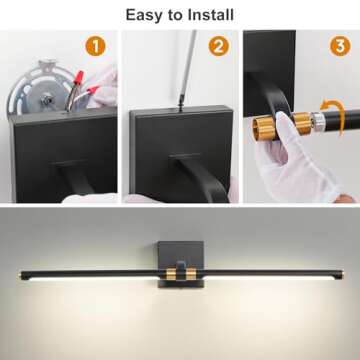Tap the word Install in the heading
pyautogui.click(x=209, y=14)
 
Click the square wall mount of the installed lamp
pyautogui.click(x=172, y=253)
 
